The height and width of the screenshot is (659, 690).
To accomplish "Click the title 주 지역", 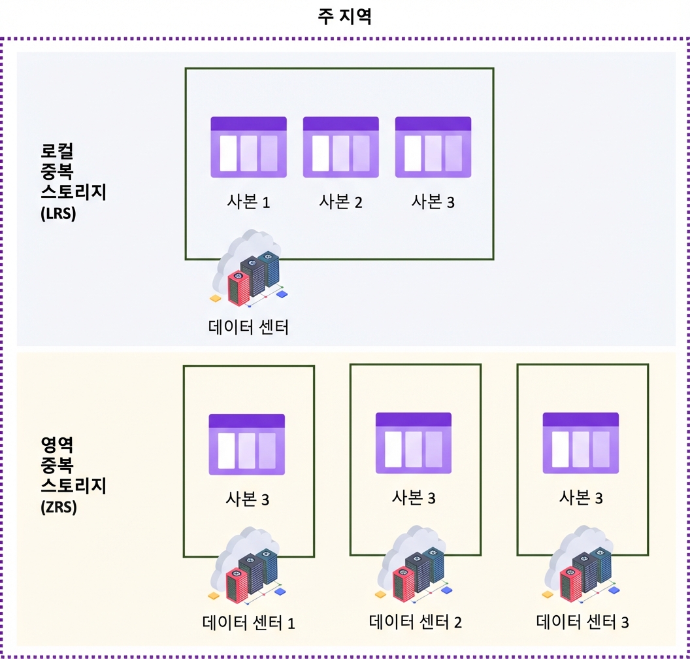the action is pos(344,17).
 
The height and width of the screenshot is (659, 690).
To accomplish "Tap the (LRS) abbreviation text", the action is pos(59,214).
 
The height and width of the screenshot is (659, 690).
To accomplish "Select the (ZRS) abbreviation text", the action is pos(59,507).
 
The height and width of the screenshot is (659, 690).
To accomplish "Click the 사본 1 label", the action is pos(248,202).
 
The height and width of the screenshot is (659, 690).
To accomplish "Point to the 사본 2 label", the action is pos(340,202).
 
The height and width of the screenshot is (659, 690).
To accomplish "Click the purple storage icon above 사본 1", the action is pos(249,147).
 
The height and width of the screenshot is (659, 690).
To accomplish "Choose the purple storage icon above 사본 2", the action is pos(341,147).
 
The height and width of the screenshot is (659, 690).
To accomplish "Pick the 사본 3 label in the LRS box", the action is pos(433,202).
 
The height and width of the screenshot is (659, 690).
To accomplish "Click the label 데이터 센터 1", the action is pos(249,623).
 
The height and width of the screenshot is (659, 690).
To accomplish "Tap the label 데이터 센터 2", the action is pos(416,622).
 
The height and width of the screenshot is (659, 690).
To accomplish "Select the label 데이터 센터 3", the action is pos(582,622).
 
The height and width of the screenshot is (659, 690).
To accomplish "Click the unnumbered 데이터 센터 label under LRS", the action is pos(249,327).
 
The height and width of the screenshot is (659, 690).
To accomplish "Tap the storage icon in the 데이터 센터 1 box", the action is pos(247,444).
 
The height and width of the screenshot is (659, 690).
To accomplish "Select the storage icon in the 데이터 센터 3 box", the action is pos(581,443).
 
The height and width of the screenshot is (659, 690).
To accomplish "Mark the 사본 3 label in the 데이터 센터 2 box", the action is pos(414,498).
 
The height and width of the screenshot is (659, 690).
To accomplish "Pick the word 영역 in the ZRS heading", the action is pos(57,445).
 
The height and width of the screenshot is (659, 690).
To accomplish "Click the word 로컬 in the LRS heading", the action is pos(57,152).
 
